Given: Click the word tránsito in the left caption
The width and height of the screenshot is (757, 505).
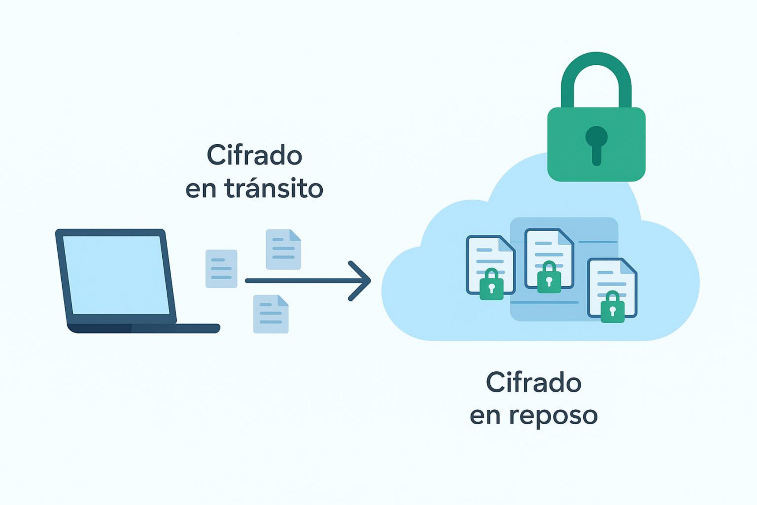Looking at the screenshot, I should click(273, 189).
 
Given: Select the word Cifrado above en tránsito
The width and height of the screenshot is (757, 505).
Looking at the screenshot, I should click(254, 155).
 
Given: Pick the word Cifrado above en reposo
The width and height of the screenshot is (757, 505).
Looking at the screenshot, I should click(533, 382).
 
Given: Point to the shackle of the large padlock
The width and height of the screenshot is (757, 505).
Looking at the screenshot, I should click(596, 71).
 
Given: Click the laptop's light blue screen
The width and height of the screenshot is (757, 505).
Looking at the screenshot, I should click(117, 274).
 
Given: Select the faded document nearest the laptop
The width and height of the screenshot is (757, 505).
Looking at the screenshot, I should click(221, 269).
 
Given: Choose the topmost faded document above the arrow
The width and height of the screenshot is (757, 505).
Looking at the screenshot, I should click(283, 249).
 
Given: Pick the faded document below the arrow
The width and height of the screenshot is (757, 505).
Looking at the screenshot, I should click(271, 314).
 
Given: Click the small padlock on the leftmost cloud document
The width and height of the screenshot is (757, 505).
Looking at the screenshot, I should click(491, 286).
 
